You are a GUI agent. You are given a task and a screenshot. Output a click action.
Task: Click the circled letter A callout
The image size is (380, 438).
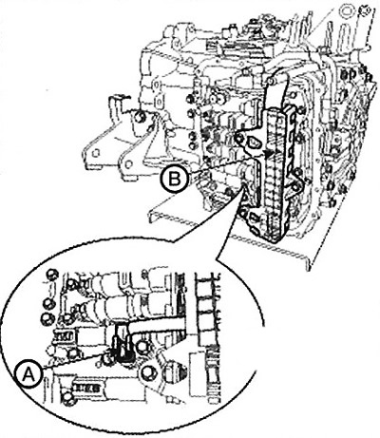28,375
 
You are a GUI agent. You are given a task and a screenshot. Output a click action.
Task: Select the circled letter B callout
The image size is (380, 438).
175,180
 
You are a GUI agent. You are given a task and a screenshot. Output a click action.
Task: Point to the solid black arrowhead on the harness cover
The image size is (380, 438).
268,154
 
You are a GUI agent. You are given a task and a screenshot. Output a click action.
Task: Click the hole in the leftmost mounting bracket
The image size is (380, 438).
94,153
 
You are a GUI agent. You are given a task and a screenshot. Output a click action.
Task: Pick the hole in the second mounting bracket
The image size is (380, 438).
128,164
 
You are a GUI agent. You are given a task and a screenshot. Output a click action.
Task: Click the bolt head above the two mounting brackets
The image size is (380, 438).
139,117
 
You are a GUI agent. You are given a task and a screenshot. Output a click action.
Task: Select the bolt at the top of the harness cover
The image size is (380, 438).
270,82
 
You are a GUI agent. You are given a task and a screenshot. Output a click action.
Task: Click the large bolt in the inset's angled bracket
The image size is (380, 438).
148,372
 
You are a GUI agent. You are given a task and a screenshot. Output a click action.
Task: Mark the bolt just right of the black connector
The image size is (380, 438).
142,347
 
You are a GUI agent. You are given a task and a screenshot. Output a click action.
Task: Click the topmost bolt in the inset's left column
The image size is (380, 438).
52,275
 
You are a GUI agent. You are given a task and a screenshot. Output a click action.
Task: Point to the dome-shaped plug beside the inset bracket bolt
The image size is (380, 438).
174,372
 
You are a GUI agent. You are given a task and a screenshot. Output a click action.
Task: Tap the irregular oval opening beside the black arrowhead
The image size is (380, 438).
254,143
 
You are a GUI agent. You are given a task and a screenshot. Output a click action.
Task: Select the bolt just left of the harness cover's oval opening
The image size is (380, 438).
239,139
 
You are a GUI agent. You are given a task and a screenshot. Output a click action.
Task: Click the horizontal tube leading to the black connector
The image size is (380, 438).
156,325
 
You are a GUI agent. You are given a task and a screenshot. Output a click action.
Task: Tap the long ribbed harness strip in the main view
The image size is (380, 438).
274,171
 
